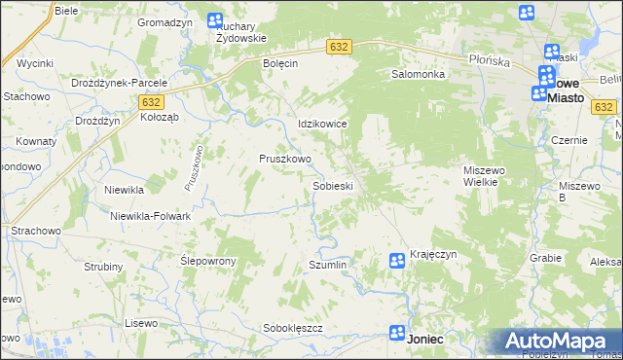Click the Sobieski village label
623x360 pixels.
point(332,186)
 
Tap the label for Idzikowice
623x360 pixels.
point(322,125)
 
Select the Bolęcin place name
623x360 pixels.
point(280,63)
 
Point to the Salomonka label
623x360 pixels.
point(418,74)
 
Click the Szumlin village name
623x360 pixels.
point(327,265)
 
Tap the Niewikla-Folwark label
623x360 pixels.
point(150,216)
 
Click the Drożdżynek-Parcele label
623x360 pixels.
point(120,83)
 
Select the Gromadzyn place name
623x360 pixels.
point(164,22)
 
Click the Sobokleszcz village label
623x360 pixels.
point(293,328)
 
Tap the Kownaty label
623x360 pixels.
point(36,142)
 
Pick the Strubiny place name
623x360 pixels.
point(103,267)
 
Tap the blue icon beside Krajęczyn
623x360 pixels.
point(397,260)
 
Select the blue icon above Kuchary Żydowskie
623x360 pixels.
point(215,20)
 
